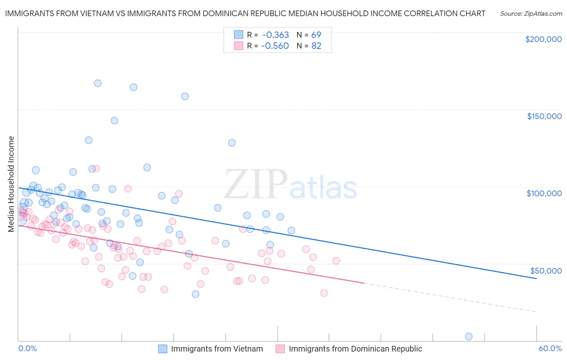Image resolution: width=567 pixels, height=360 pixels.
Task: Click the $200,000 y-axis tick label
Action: (x=543, y=39)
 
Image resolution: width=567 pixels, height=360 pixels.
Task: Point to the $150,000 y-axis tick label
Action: (x=544, y=116)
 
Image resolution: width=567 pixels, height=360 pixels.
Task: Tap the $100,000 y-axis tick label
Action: (x=544, y=193)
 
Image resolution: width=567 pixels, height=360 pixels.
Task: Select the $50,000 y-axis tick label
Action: (x=546, y=270)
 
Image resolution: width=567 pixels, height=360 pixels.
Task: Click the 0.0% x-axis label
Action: (x=27, y=348)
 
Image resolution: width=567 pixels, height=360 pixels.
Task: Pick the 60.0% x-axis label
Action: (x=550, y=348)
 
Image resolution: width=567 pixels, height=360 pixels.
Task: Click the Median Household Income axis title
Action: (x=11, y=184)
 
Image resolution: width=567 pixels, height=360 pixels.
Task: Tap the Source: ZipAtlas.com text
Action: (x=531, y=13)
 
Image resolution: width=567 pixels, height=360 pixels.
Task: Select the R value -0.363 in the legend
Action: (x=275, y=35)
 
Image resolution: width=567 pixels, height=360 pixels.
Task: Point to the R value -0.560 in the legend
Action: (x=275, y=46)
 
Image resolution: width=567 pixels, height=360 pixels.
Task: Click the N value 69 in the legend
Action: (x=316, y=35)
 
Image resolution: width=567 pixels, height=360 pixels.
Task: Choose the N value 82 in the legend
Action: (x=316, y=46)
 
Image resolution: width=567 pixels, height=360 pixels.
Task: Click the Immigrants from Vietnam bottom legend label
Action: (x=217, y=349)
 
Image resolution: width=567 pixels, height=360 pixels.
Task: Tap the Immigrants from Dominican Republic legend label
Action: (x=355, y=349)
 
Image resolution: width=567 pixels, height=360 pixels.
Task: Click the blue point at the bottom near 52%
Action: (x=469, y=337)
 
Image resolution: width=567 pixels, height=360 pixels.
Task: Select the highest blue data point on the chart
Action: (x=98, y=83)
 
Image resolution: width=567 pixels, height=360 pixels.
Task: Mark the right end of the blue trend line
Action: (x=536, y=278)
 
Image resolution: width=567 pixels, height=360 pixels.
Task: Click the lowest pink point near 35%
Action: (x=324, y=293)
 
